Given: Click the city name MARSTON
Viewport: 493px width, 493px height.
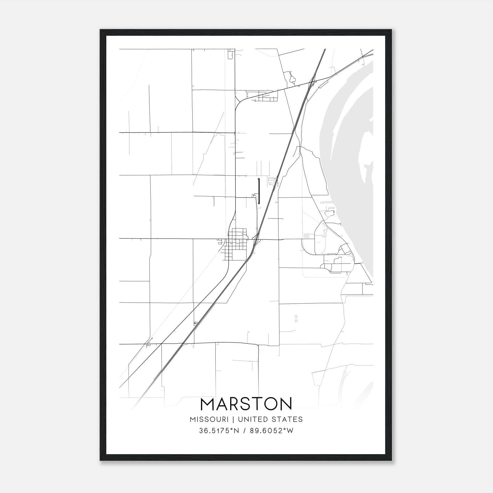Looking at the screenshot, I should click(246, 404).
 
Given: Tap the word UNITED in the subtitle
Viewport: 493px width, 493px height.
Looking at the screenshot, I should click(252, 419).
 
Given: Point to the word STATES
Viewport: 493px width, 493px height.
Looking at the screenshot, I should click(288, 419).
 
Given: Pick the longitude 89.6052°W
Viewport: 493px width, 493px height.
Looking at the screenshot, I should click(272, 431).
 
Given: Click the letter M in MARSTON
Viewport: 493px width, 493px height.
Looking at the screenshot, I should click(207, 404).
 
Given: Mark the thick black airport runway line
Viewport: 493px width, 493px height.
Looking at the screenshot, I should click(259, 191).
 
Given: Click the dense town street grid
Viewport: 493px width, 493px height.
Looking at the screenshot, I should click(236, 243).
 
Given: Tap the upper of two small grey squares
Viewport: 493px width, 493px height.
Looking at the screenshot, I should click(296, 316).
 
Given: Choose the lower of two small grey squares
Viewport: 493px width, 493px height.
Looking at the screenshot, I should click(296, 321).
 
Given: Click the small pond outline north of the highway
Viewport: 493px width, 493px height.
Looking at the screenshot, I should click(292, 79).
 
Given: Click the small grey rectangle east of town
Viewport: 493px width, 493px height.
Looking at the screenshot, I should click(306, 236).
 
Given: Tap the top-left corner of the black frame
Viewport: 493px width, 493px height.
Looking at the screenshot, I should click(100, 30).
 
